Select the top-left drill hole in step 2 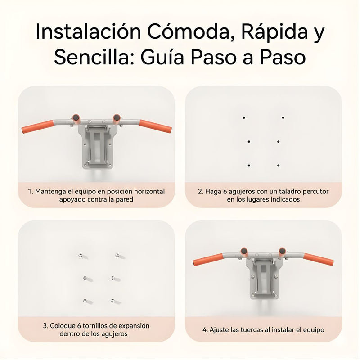(244, 118)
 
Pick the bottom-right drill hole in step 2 (278, 166)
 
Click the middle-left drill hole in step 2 (248, 142)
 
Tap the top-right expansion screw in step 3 (117, 255)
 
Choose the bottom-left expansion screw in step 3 (84, 300)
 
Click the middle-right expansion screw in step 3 (112, 278)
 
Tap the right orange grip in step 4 (318, 259)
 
